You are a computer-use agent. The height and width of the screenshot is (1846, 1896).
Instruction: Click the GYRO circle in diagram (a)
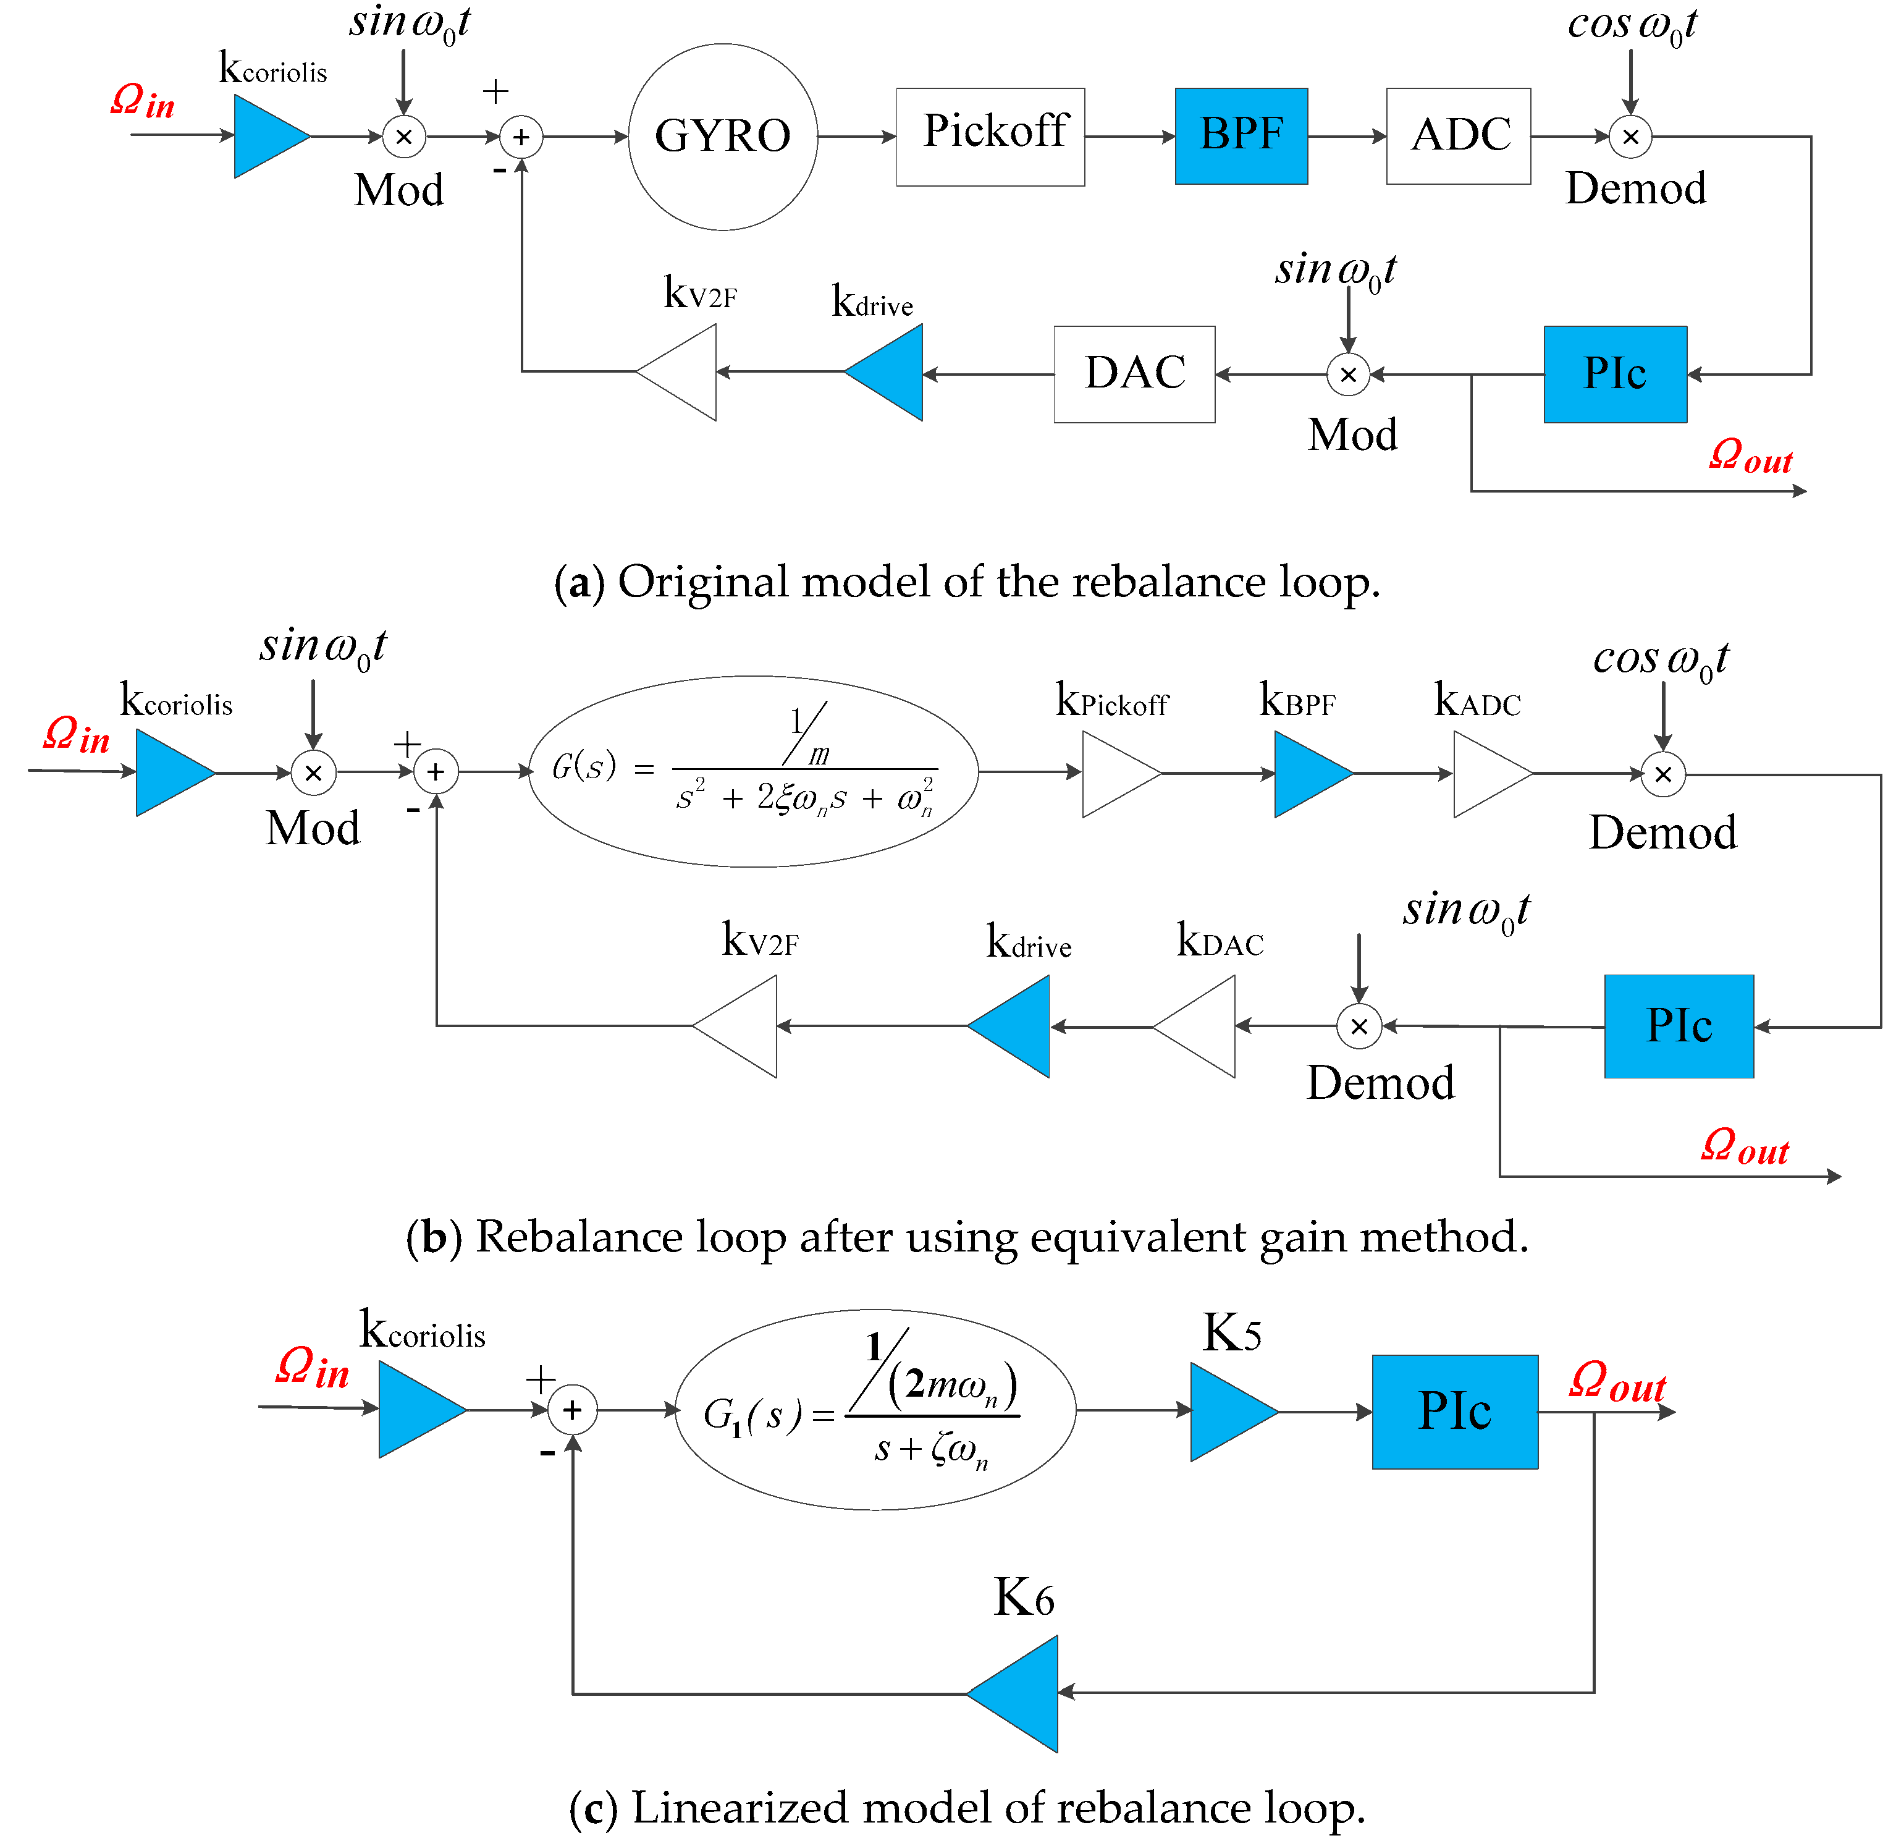722,137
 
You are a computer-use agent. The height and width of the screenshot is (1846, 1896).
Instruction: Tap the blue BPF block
1240,136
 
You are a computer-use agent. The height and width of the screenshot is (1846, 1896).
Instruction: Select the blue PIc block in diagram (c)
1454,1411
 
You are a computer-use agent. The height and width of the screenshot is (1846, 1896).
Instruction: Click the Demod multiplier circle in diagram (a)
1630,137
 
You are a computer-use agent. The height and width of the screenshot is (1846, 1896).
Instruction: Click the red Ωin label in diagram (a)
143,100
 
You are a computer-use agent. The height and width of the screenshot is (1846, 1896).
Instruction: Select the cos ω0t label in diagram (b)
1659,660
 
